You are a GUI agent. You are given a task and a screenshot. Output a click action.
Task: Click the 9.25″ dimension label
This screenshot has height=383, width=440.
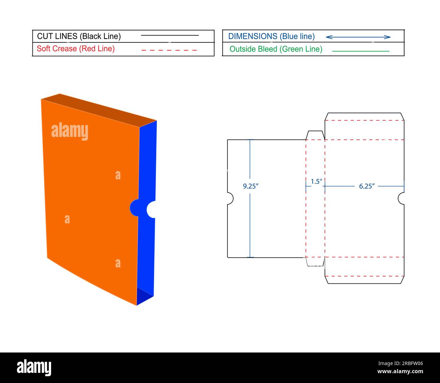[x=250, y=186]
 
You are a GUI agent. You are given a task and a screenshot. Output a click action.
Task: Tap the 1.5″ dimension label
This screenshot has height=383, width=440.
[x=316, y=181]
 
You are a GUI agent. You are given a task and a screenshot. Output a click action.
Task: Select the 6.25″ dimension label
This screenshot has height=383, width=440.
[x=367, y=186]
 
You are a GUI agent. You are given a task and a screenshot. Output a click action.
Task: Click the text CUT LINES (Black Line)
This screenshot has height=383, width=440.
[x=79, y=36]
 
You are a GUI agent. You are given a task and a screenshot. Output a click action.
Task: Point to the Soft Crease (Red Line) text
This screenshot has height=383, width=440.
[x=76, y=49]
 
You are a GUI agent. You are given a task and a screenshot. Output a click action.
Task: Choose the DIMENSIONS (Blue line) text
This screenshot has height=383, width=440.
[x=271, y=36]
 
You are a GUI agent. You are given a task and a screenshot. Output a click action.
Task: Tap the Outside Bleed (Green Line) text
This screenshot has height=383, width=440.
[x=276, y=49]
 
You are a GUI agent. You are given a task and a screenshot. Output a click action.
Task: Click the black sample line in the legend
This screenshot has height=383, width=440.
[x=170, y=35]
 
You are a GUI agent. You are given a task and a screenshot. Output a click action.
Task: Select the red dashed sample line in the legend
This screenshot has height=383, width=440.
[x=169, y=50]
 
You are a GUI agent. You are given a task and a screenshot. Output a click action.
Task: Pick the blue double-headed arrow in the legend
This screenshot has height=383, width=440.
[x=358, y=37]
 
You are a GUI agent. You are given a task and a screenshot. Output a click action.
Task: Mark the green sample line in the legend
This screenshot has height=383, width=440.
[x=361, y=51]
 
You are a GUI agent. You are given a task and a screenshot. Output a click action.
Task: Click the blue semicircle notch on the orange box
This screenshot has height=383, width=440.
[x=134, y=207]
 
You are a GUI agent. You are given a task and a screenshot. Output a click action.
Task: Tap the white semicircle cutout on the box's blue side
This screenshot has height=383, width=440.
[x=151, y=209]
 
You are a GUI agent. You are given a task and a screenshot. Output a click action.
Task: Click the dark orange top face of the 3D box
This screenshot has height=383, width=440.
[x=99, y=110]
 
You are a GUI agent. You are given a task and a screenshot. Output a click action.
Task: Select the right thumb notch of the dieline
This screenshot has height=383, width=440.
[x=401, y=198]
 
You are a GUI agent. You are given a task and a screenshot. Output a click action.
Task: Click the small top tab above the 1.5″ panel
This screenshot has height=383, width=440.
[x=315, y=135]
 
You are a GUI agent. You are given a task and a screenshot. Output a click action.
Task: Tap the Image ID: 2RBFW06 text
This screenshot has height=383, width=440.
[x=401, y=363]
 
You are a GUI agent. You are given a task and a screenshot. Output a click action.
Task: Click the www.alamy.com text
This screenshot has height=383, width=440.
[x=400, y=371]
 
